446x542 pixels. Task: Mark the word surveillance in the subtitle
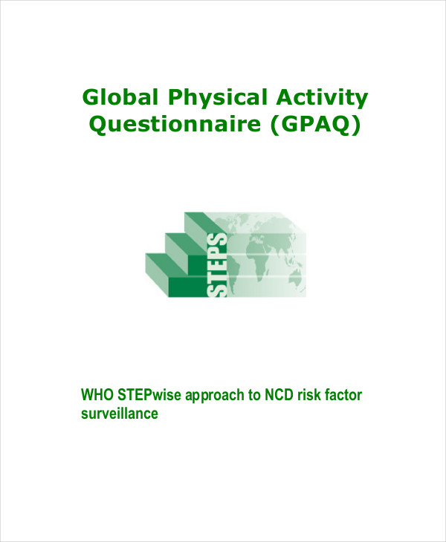[119, 414]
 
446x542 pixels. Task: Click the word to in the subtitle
[251, 395]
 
